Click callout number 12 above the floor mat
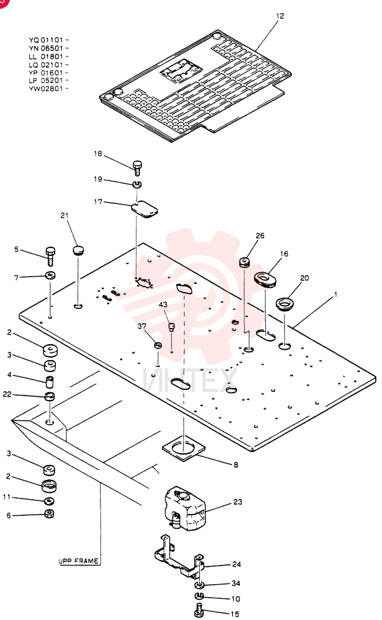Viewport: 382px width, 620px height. (280, 16)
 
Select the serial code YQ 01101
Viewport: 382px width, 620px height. (46, 40)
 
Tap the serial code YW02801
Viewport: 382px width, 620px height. (46, 89)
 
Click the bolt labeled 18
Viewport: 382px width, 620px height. (137, 167)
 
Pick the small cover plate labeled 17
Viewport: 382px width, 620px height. (144, 209)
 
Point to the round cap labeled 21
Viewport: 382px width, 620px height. (78, 250)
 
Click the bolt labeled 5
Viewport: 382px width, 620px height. (51, 256)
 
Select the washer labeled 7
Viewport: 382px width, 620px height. (50, 275)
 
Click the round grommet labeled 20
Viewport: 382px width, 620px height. (285, 304)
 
